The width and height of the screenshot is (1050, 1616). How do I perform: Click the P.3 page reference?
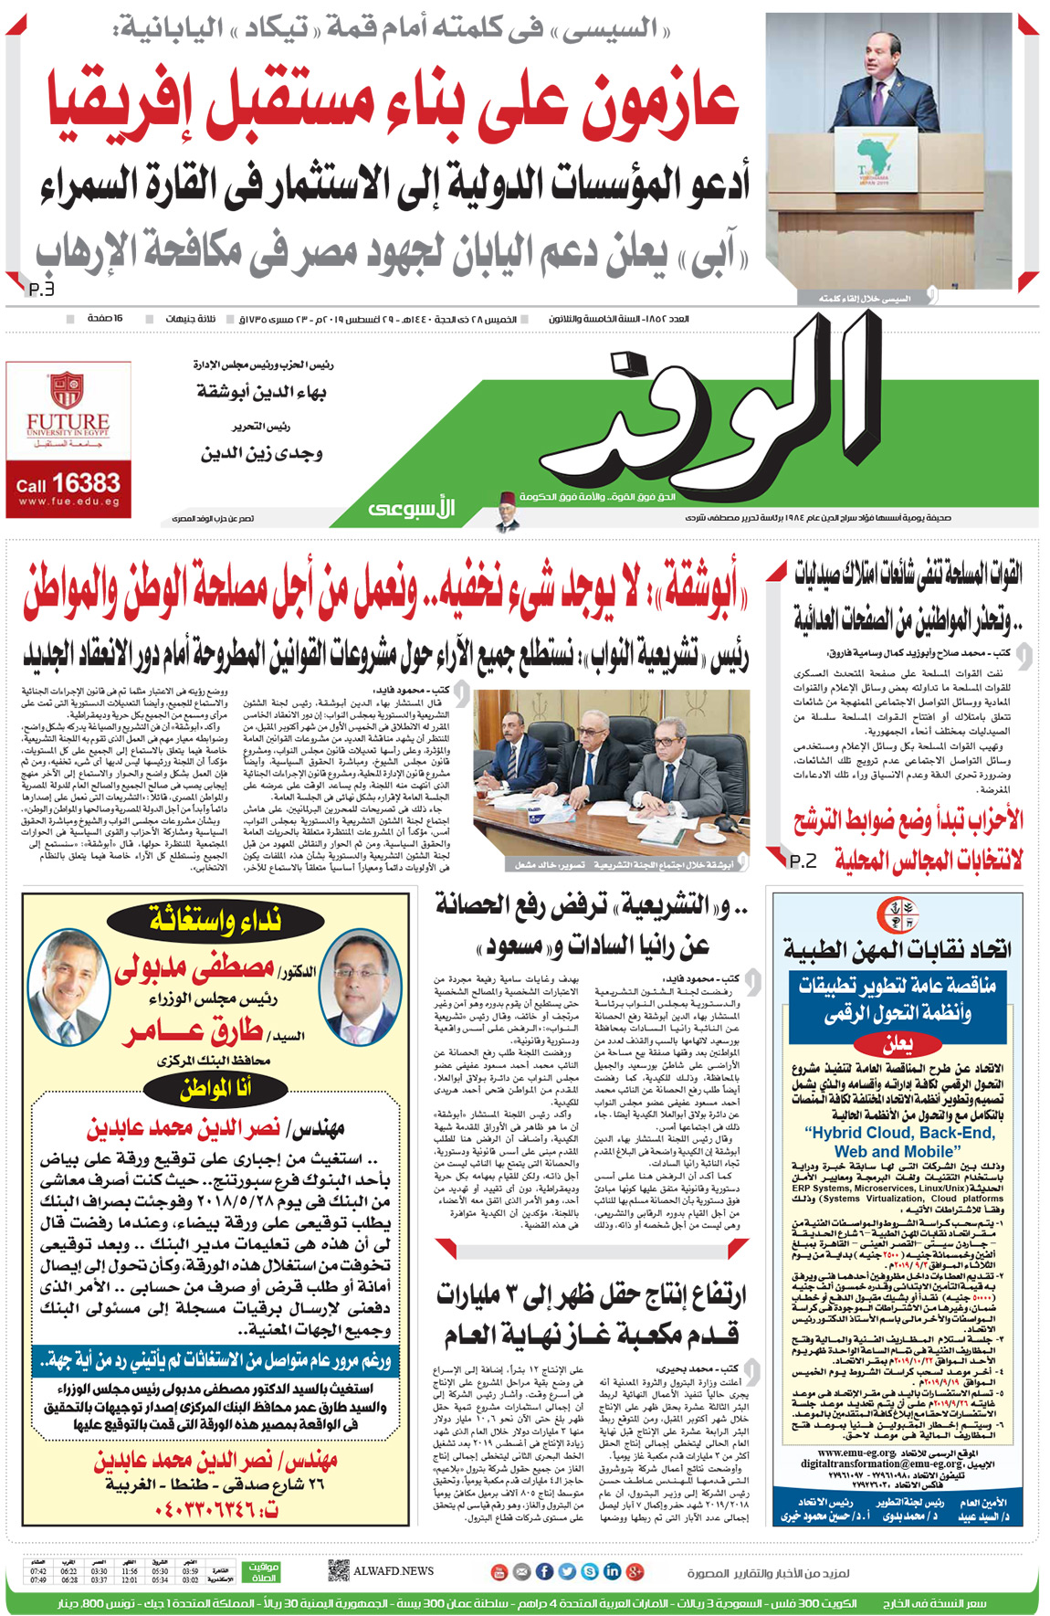pos(41,289)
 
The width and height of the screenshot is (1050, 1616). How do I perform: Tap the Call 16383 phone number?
pos(68,483)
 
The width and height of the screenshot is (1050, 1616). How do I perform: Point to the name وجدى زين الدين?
pos(262,453)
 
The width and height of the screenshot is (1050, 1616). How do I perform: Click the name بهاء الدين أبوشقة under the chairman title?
pos(262,392)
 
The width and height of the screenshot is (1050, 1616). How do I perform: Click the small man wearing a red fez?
pos(507,510)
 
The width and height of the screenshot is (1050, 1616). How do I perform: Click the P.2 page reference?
pos(803,861)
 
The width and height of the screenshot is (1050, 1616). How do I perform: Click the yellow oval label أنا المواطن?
pos(215,1088)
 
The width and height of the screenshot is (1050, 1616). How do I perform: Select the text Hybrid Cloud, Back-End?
pos(899,1133)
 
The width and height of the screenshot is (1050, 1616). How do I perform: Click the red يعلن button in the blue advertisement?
pos(898,1043)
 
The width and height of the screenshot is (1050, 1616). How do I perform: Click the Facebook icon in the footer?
pos(544,1571)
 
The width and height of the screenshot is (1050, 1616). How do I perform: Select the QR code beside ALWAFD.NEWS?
pos(338,1570)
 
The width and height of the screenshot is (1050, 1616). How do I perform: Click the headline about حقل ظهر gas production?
pos(591,1315)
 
